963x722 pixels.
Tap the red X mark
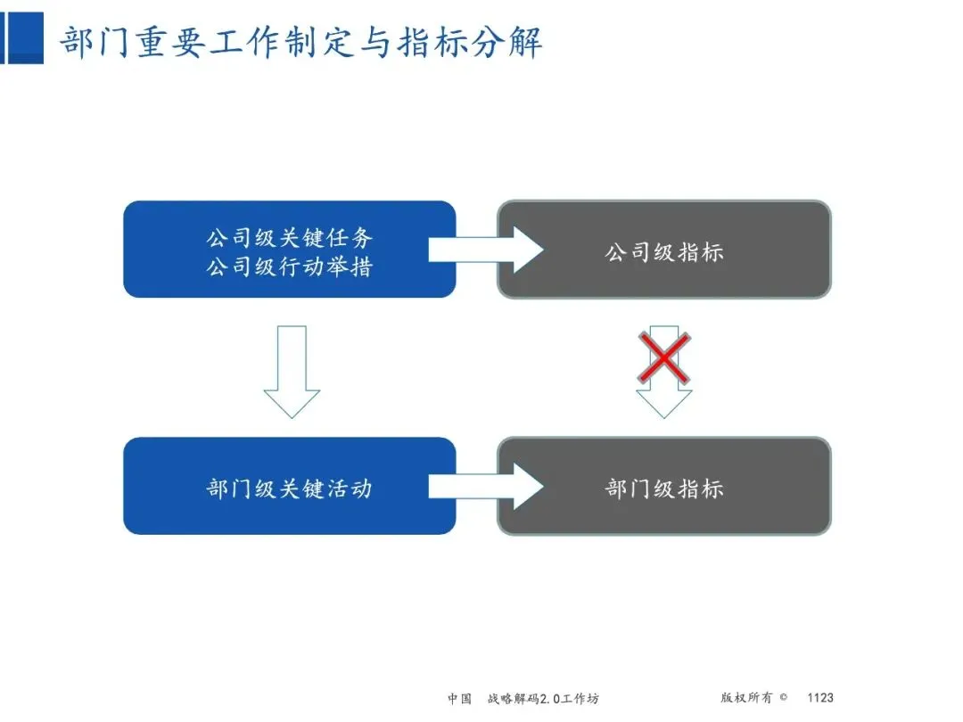[663, 358]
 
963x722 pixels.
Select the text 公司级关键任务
[290, 238]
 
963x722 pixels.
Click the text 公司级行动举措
[290, 266]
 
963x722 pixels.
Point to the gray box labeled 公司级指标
[663, 250]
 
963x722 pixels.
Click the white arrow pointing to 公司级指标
[486, 250]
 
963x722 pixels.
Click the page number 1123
[820, 698]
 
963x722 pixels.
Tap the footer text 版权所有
[745, 698]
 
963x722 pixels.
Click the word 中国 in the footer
[459, 698]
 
